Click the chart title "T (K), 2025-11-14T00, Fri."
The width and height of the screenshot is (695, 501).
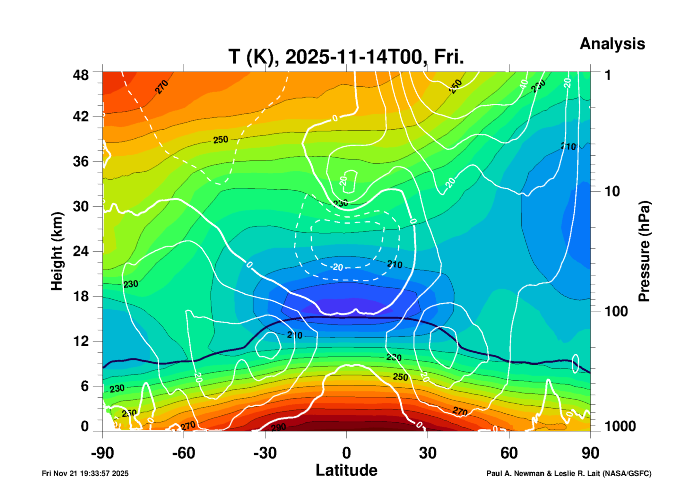click(346, 57)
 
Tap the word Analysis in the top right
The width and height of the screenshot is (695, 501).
click(612, 44)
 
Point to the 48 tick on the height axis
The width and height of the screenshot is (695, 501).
click(81, 75)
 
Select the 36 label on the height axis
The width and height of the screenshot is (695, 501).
click(81, 161)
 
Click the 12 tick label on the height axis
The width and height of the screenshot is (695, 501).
click(81, 341)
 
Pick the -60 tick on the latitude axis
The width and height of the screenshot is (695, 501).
click(184, 453)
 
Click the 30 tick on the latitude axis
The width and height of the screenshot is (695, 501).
click(428, 453)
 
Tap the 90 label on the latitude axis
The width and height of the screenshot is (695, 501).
click(590, 453)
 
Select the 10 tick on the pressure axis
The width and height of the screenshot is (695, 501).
click(612, 192)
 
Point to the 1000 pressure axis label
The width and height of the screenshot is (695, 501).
click(620, 426)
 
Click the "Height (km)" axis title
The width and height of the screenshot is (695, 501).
click(57, 251)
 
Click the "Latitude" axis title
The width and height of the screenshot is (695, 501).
click(346, 470)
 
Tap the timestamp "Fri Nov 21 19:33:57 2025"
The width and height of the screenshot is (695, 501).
click(85, 473)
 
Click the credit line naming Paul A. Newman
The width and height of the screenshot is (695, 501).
click(569, 473)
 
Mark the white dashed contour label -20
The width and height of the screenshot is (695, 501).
click(337, 267)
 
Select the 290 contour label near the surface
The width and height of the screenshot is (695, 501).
click(278, 427)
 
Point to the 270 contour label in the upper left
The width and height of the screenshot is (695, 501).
click(161, 87)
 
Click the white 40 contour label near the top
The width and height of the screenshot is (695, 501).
click(524, 84)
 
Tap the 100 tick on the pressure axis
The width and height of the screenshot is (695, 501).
click(616, 311)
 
